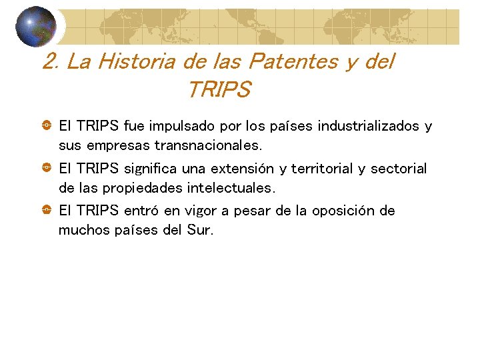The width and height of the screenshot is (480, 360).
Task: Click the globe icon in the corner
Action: point(36,26)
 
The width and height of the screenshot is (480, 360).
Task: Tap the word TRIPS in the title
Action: point(219,89)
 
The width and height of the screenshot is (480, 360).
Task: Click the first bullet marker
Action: point(47,125)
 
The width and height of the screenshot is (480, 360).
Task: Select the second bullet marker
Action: point(47,168)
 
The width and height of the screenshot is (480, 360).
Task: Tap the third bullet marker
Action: point(47,211)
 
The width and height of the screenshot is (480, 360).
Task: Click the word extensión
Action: point(247,169)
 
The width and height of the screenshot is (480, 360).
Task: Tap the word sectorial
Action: point(398,169)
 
